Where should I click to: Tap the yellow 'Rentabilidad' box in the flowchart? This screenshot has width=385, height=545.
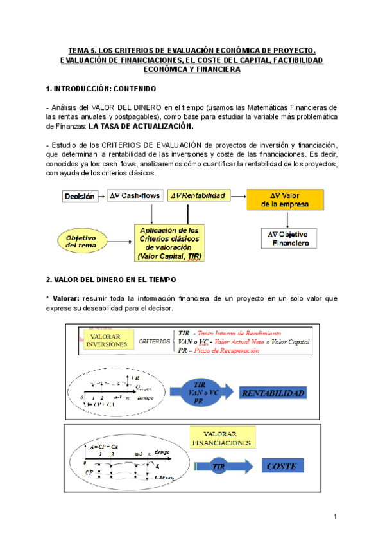pyautogui.click(x=197, y=195)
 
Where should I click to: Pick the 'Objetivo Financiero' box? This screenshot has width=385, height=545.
pyautogui.click(x=289, y=238)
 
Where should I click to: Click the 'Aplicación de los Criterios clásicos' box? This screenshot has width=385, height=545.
pyautogui.click(x=169, y=242)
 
